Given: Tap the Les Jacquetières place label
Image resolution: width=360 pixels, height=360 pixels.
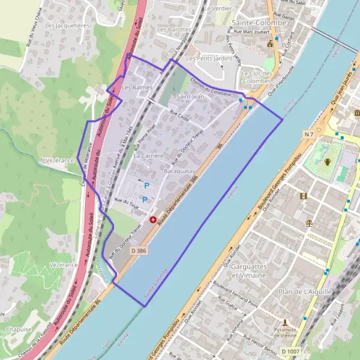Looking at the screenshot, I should pyautogui.click(x=67, y=26).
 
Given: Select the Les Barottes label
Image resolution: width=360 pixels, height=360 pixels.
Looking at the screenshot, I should pyautogui.click(x=174, y=29).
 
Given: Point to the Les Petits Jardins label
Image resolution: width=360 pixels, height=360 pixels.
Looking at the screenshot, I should pyautogui.click(x=209, y=59).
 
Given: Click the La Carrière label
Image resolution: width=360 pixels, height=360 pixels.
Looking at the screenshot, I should pyautogui.click(x=148, y=155).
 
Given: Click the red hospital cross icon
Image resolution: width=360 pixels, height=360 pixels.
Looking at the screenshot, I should pyautogui.click(x=153, y=220).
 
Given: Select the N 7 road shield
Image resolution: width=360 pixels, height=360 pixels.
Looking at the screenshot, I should pyautogui.click(x=309, y=134).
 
